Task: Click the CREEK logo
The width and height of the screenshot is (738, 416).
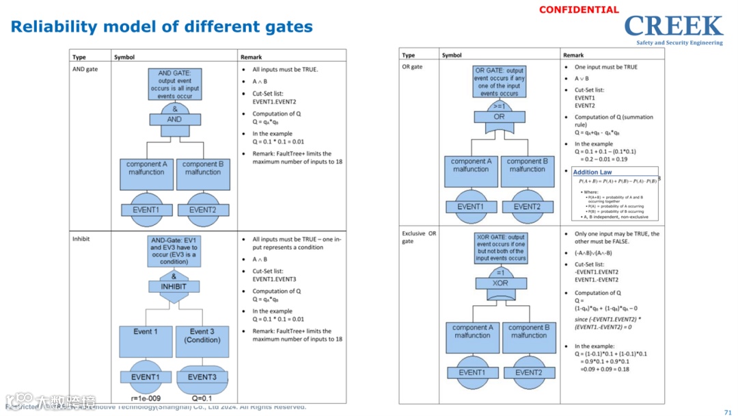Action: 673,28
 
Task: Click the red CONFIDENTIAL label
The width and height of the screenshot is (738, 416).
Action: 579,10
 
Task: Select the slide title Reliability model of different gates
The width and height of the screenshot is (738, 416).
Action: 162,27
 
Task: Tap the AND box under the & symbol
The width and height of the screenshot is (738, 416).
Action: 175,120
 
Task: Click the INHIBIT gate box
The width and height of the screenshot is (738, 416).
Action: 174,287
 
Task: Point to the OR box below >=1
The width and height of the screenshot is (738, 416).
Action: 500,117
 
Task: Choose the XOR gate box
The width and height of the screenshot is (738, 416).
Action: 500,283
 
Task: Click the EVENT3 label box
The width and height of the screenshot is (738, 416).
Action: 202,377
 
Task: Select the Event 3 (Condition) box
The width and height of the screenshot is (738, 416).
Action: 202,341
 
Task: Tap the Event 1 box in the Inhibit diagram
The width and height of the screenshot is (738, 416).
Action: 146,341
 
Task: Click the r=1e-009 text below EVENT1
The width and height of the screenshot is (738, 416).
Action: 145,398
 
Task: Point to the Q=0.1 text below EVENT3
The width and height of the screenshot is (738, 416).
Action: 202,398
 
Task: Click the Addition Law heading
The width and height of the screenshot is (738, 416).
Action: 592,172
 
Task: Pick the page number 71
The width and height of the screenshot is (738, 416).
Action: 727,412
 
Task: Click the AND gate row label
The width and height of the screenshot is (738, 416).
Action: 85,69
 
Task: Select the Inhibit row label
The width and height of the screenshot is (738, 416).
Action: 81,239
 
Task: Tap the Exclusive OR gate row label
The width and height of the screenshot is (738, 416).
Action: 418,237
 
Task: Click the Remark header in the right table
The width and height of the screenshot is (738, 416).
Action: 573,55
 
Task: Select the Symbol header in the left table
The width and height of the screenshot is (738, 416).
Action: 124,57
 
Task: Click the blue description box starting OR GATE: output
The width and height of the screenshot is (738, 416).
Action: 500,81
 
